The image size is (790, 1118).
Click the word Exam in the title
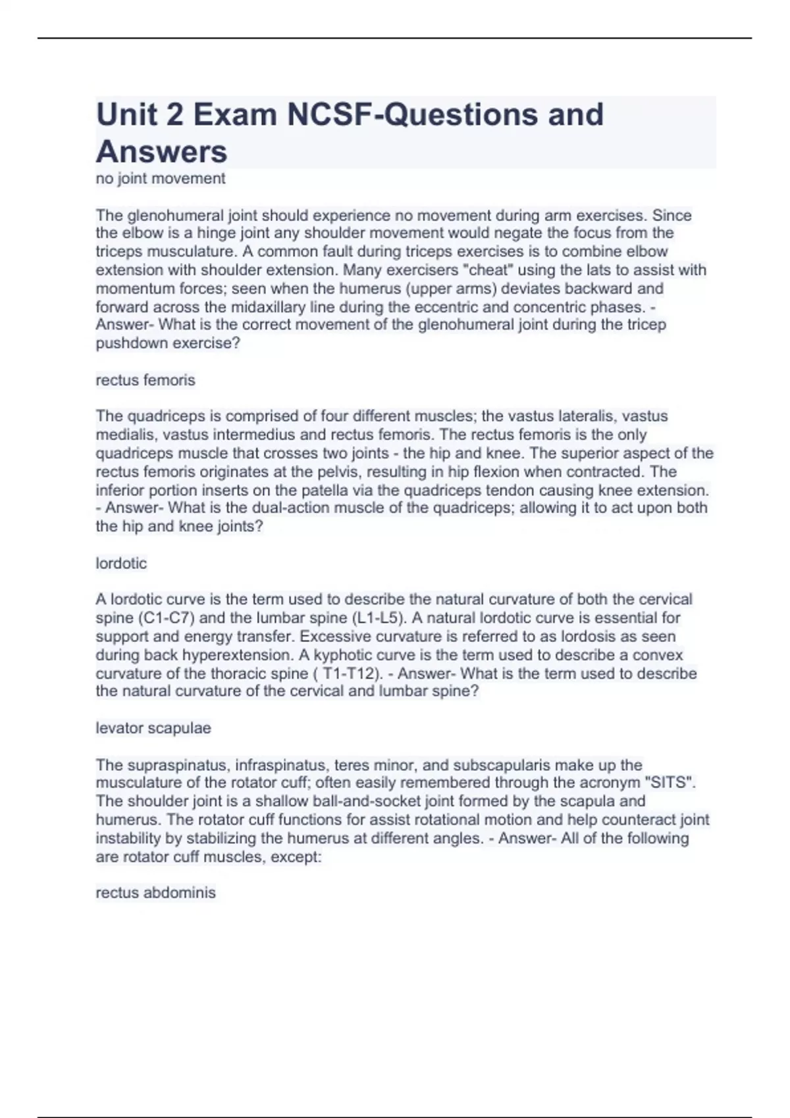(x=234, y=114)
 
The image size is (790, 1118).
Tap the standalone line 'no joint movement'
(x=161, y=178)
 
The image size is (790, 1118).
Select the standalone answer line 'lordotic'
(x=121, y=564)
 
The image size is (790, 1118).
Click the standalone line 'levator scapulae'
(x=153, y=728)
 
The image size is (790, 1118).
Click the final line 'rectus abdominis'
(x=155, y=892)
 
